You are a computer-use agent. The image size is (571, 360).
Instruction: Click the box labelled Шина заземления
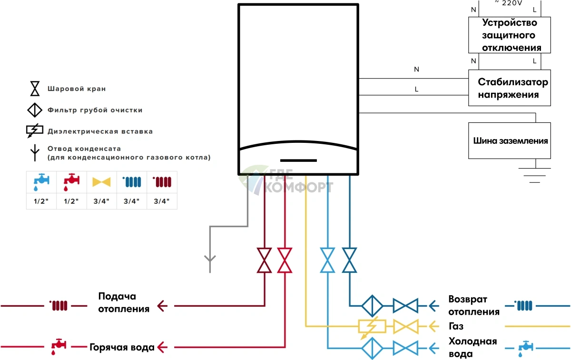[510, 140]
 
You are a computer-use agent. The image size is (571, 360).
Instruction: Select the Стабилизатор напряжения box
[510, 88]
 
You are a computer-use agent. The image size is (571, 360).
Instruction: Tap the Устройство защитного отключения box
[510, 35]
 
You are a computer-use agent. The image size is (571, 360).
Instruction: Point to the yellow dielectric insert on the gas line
[369, 327]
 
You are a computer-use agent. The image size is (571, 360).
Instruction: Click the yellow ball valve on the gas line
[405, 327]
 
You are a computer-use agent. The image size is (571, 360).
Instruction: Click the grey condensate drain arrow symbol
[210, 260]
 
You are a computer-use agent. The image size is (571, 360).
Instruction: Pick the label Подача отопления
[124, 302]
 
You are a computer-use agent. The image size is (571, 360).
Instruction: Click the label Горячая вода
[122, 346]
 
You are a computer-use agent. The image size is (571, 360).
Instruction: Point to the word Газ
[456, 327]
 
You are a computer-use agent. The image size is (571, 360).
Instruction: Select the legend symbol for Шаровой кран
[36, 89]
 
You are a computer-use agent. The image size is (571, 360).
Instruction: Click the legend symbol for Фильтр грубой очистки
[36, 110]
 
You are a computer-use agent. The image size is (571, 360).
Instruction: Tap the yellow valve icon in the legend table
[101, 182]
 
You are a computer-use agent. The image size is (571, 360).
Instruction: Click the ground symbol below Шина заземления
[536, 175]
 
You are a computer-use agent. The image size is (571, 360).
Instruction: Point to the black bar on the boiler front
[298, 160]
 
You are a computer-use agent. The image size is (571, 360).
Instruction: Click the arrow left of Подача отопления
[163, 305]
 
